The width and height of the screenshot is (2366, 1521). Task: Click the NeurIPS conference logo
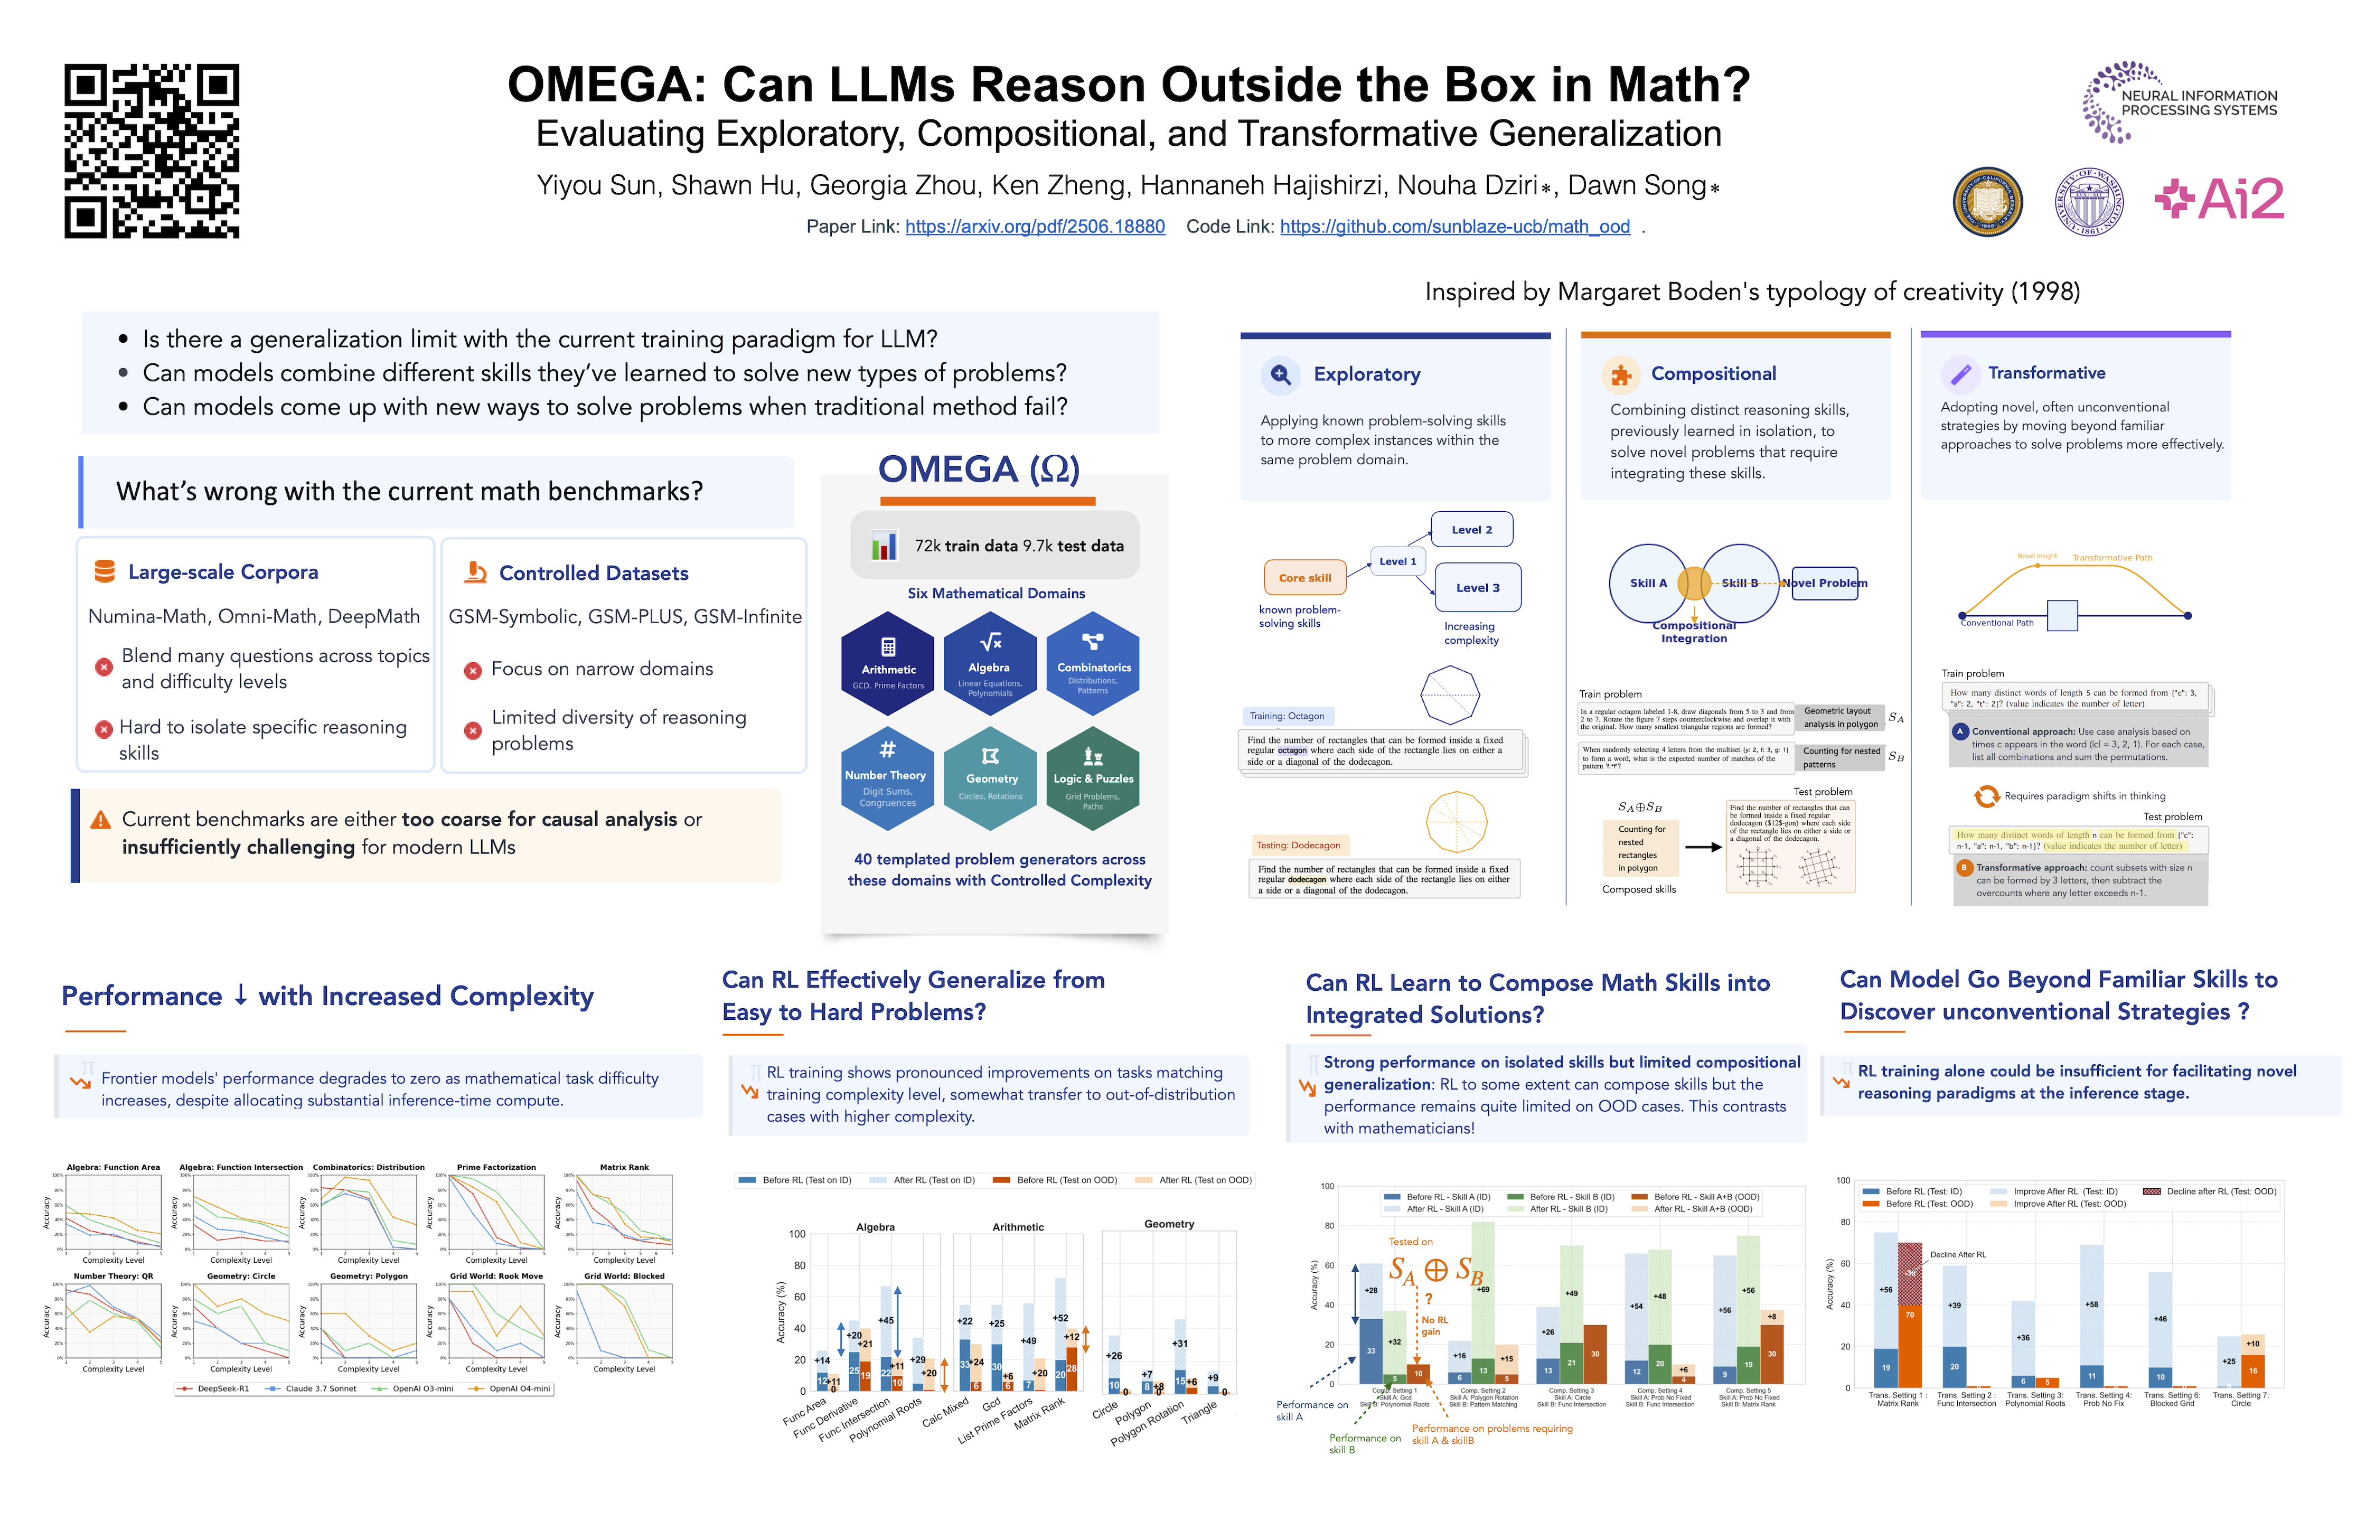(x=2180, y=102)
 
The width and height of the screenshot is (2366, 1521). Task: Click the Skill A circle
(x=1647, y=583)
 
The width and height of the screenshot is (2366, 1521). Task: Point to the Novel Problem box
(x=1825, y=583)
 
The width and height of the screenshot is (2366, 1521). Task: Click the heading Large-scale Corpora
(x=223, y=572)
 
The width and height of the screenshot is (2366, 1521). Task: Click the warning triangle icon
(x=100, y=820)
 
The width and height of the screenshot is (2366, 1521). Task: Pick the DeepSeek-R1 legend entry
(x=215, y=1388)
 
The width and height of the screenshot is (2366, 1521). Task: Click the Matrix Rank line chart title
(x=624, y=1167)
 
